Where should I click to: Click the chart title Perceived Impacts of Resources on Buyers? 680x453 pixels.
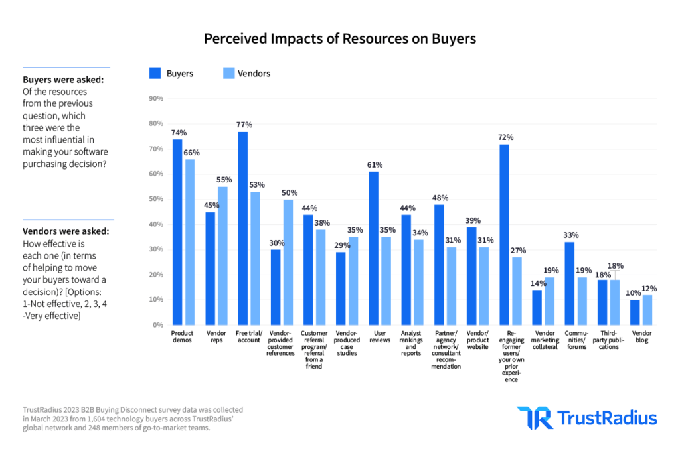(339, 39)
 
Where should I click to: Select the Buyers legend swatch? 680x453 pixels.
(155, 74)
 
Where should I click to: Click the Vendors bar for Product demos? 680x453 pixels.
(190, 241)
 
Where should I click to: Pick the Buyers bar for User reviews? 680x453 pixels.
(373, 248)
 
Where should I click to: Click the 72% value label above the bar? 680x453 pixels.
(506, 137)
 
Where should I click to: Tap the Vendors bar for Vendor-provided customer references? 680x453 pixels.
(288, 262)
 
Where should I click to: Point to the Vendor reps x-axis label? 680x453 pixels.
(215, 337)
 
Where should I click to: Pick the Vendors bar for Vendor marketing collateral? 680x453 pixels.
(549, 301)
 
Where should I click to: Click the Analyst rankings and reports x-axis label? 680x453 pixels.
(410, 344)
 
